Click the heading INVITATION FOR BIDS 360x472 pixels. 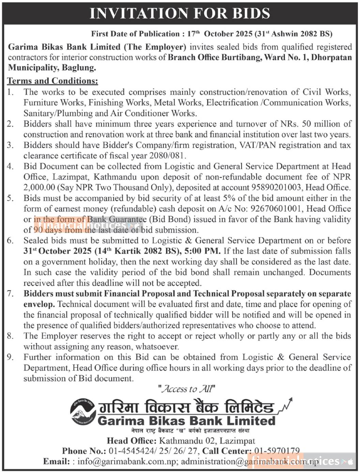click(180, 13)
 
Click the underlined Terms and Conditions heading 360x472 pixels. click(52, 81)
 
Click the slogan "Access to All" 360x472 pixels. click(186, 389)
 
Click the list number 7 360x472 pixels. click(10, 294)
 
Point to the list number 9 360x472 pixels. click(10, 357)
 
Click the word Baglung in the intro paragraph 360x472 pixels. click(79, 68)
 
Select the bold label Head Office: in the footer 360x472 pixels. click(132, 441)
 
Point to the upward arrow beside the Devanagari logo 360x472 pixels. click(286, 404)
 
